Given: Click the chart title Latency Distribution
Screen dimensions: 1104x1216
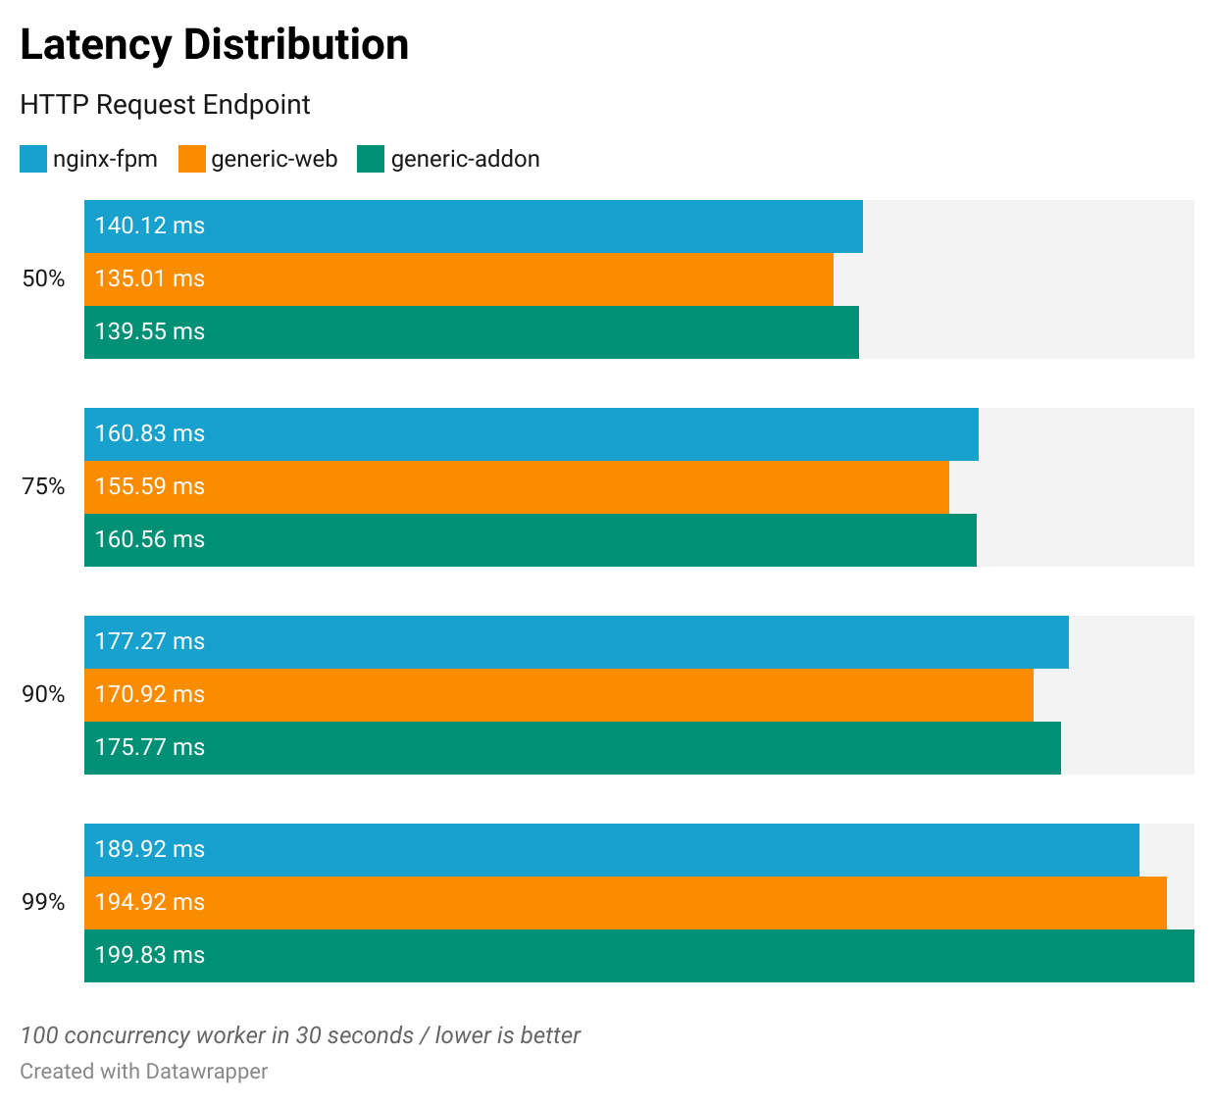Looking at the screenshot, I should coord(214,45).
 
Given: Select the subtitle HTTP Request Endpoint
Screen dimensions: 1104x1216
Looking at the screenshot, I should coord(165,105).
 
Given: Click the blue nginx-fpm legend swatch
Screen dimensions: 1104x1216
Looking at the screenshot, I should coord(33,159).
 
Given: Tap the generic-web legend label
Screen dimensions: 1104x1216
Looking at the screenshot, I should coord(274,159).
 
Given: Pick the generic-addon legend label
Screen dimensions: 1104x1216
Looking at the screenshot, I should coord(465,159).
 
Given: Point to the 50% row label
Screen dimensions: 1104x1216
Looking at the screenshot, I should coord(43,279).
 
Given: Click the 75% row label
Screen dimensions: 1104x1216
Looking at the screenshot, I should coord(43,487).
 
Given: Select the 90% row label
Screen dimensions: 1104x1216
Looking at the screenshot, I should coord(43,695).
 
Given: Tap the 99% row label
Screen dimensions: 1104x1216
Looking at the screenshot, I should coord(43,903).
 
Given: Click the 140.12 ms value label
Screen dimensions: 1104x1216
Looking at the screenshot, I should coord(149,226).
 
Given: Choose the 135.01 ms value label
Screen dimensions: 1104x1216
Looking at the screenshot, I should coord(149,279).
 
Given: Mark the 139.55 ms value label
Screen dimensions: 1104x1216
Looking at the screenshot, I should coord(149,332).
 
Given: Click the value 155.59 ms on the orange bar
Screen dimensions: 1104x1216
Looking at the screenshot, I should coord(149,487).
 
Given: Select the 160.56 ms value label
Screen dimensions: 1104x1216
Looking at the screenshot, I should coord(149,540).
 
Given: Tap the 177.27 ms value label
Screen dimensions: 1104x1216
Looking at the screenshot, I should coord(149,642).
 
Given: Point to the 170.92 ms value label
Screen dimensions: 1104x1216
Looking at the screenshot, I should coord(149,695).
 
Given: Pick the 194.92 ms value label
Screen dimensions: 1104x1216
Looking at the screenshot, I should coord(149,903).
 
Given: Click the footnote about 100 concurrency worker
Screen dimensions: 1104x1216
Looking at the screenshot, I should coord(300,1036).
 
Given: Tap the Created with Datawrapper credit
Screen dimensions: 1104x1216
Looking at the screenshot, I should coord(143,1072).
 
